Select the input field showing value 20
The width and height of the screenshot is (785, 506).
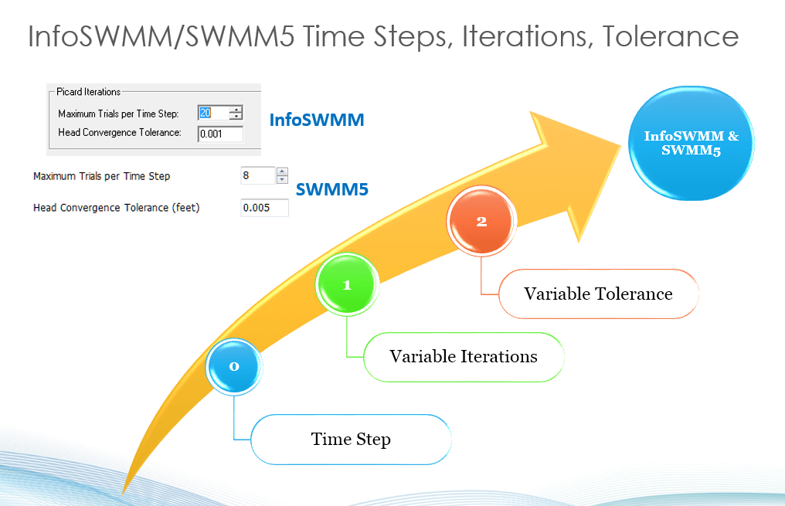tap(213, 113)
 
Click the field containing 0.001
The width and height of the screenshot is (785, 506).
tap(219, 134)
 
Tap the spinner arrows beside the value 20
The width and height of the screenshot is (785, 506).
tap(236, 113)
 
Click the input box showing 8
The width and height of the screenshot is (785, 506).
tap(257, 176)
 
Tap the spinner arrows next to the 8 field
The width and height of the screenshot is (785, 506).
tap(282, 176)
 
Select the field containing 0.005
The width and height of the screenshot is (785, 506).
tap(264, 208)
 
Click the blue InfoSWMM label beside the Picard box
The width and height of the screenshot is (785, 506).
tap(317, 121)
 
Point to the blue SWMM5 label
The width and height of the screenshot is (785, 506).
tap(332, 188)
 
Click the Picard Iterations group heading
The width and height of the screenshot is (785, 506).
tap(89, 92)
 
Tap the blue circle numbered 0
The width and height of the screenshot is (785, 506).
tap(235, 367)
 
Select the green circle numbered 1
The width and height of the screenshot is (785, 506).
tap(347, 285)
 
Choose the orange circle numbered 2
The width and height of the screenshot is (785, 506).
tap(481, 221)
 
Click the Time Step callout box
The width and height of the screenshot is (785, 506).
tap(351, 440)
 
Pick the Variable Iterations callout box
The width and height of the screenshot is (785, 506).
tap(463, 356)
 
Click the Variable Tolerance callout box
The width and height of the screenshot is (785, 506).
tap(598, 294)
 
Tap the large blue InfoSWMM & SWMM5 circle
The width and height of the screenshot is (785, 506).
tap(692, 144)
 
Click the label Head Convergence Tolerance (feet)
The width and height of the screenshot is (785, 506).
tap(117, 208)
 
